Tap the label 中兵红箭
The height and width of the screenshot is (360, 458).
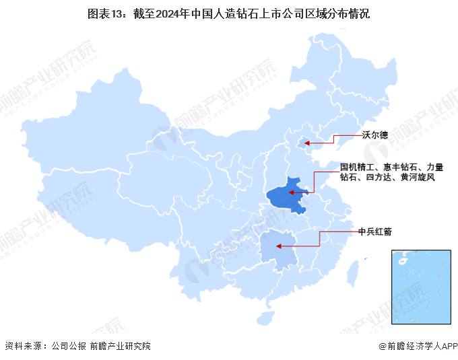pyautogui.click(x=374, y=231)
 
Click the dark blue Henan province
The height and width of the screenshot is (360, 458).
pyautogui.click(x=286, y=196)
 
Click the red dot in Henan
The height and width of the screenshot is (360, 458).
pyautogui.click(x=293, y=193)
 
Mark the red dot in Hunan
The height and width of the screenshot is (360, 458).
pyautogui.click(x=280, y=246)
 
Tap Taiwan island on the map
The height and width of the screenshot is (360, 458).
pyautogui.click(x=351, y=272)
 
